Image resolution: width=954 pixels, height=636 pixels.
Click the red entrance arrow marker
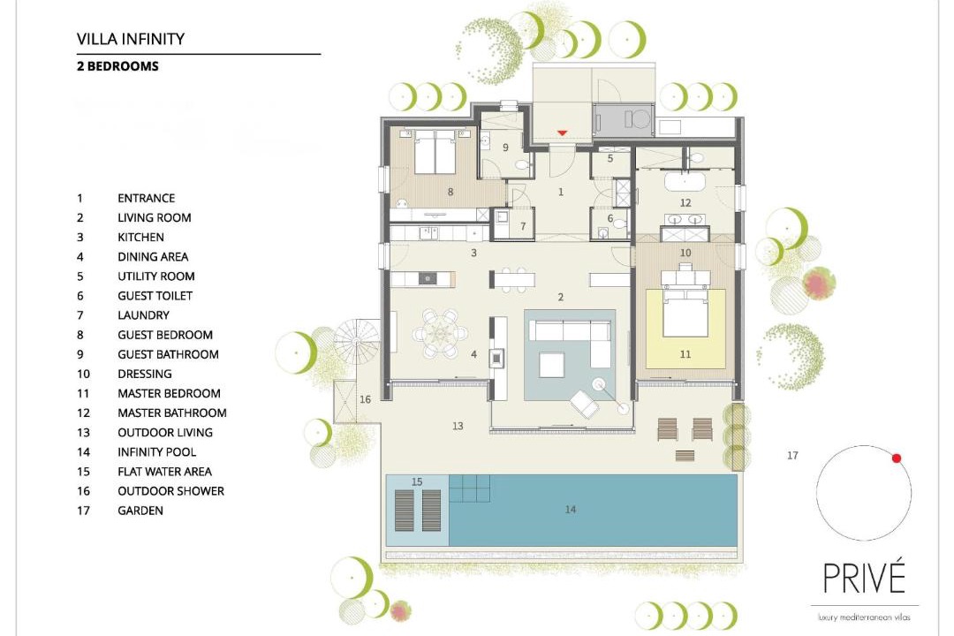(x=562, y=132)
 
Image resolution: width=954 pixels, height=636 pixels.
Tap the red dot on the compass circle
(x=897, y=458)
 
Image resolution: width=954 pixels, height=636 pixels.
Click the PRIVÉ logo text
(x=864, y=578)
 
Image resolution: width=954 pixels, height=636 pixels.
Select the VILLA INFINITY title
(x=130, y=39)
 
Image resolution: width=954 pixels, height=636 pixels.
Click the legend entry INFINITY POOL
(x=157, y=451)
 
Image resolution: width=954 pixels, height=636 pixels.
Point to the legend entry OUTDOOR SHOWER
(x=171, y=490)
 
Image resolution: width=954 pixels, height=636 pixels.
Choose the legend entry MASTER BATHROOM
(x=172, y=413)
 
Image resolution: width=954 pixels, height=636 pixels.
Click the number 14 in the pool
(x=570, y=510)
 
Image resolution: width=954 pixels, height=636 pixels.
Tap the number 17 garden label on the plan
(x=792, y=455)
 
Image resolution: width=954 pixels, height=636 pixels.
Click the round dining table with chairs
(x=441, y=334)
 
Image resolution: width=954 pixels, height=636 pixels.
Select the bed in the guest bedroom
(x=435, y=151)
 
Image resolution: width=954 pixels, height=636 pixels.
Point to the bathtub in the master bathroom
(x=685, y=181)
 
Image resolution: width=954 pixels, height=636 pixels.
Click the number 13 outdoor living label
(x=458, y=426)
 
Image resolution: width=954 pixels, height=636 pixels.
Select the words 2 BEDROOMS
(x=117, y=66)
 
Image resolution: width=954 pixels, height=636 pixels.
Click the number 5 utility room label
(x=610, y=159)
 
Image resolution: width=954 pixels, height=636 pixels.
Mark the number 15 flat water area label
(x=417, y=481)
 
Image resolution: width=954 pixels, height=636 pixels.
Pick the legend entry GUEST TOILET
(x=155, y=296)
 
